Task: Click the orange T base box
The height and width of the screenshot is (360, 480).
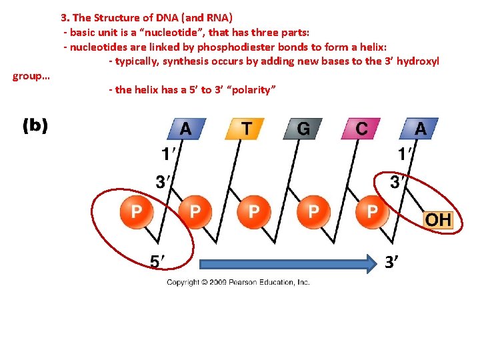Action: (x=245, y=128)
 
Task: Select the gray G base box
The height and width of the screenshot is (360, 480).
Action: (x=303, y=128)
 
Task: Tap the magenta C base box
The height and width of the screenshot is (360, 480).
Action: (x=361, y=128)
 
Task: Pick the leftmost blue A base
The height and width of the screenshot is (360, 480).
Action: (x=186, y=128)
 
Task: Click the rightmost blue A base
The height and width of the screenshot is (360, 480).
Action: (x=419, y=128)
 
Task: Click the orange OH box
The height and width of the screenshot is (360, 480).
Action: (x=438, y=219)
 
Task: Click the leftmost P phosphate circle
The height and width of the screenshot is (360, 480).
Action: (x=136, y=212)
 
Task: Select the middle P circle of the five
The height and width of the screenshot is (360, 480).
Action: (x=254, y=212)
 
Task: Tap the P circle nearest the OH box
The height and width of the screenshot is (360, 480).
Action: (x=372, y=212)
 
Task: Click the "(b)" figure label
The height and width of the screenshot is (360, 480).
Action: (x=35, y=126)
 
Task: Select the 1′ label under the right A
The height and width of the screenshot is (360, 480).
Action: (x=405, y=155)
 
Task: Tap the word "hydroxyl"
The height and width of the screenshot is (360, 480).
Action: (x=419, y=61)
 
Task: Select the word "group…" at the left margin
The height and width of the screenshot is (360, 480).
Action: (x=31, y=76)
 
